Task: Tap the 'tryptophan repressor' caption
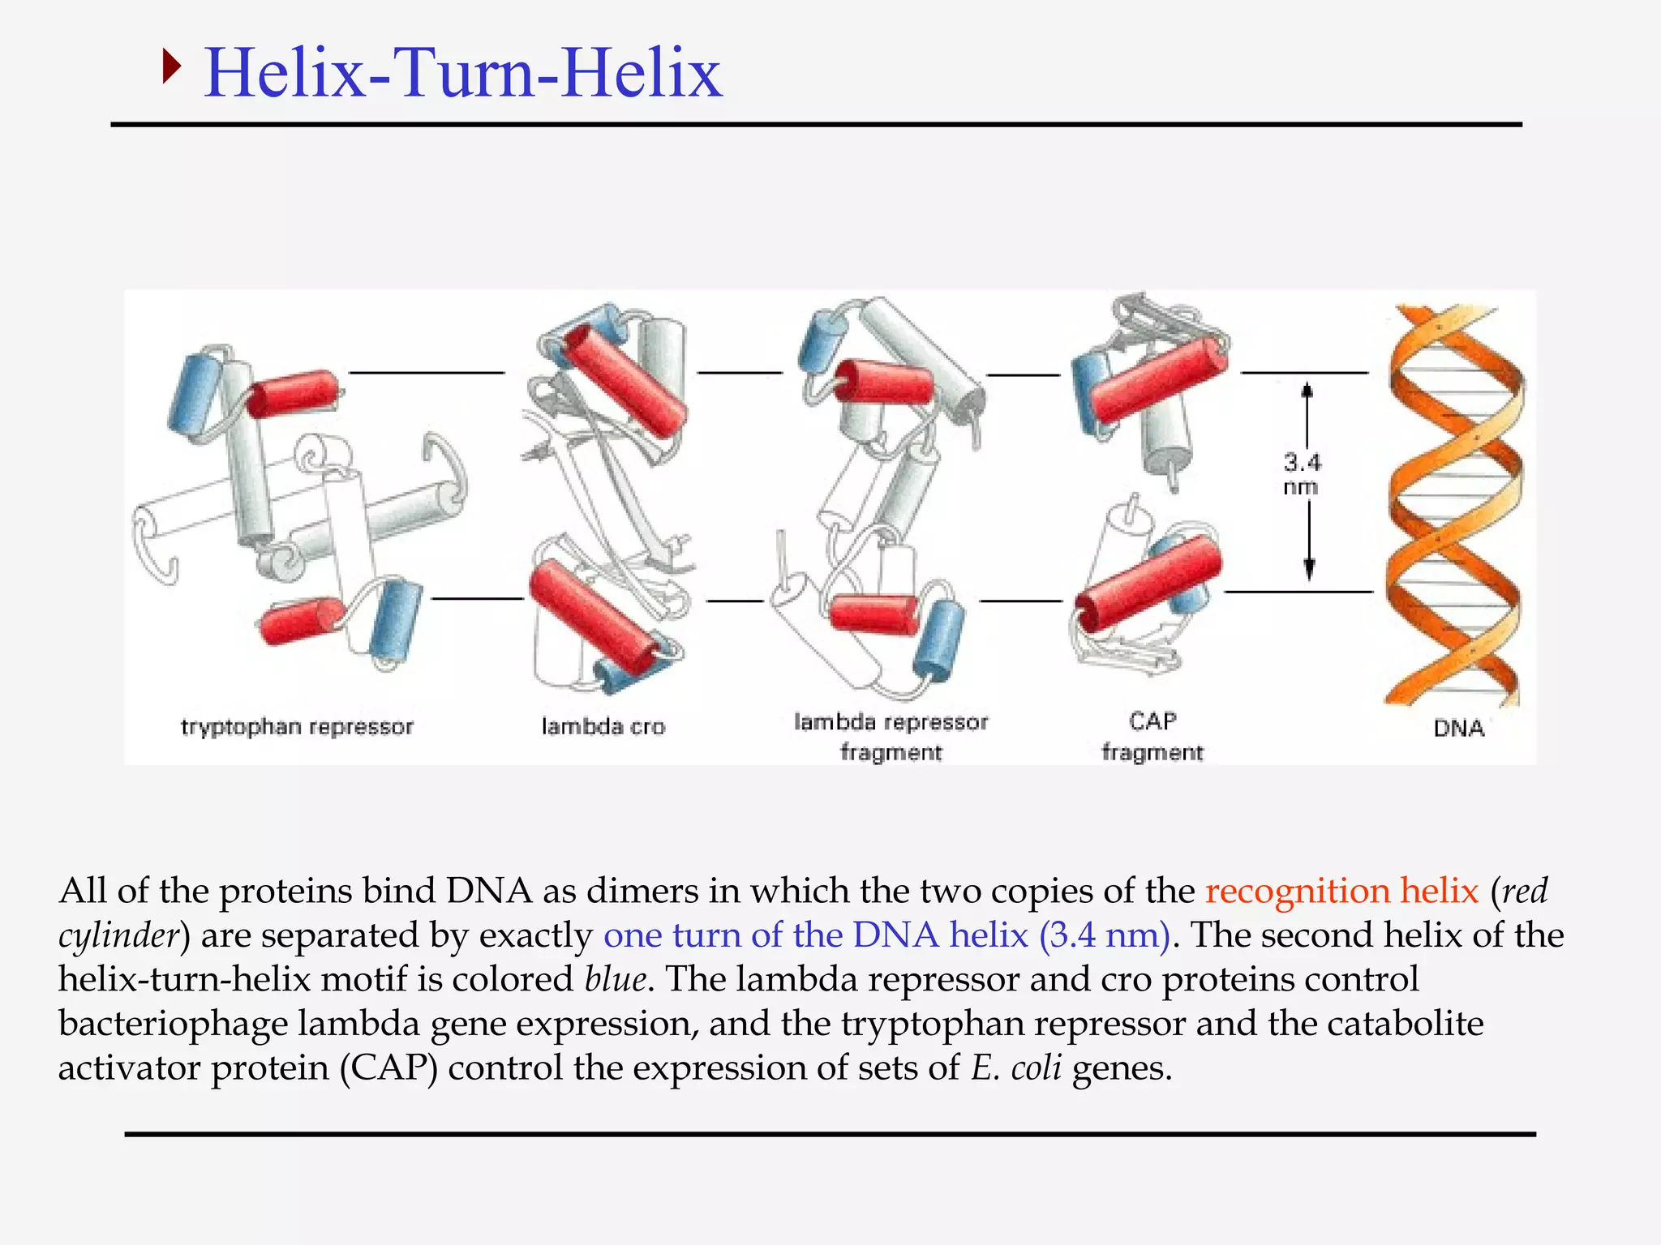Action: [x=297, y=727]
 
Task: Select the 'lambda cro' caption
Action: [x=603, y=727]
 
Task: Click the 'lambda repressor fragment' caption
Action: [x=891, y=737]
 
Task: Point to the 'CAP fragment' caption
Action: [x=1152, y=737]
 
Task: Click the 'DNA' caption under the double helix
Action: [x=1458, y=728]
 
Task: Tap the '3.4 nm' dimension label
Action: [x=1302, y=474]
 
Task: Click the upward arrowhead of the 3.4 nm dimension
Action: [x=1307, y=391]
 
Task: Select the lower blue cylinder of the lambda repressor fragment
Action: [x=939, y=640]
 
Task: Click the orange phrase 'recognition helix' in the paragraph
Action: [x=1341, y=891]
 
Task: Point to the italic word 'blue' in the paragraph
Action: [x=616, y=979]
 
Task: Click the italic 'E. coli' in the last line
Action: [x=1016, y=1067]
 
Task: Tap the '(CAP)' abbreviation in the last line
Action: [x=388, y=1067]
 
